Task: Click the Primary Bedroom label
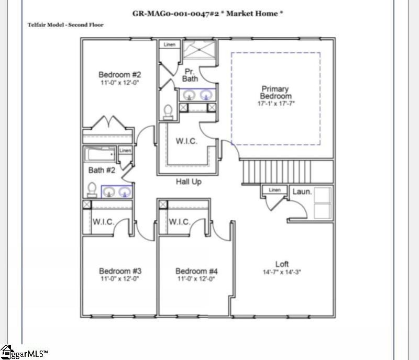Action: (x=276, y=93)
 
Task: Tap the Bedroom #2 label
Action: (x=120, y=75)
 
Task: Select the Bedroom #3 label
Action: (x=120, y=271)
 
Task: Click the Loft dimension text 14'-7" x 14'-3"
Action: (x=282, y=272)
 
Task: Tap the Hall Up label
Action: (x=188, y=182)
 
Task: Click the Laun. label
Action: (x=302, y=192)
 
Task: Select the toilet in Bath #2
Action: (x=92, y=189)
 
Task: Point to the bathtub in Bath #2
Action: (x=100, y=154)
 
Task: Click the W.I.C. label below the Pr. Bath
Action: (x=186, y=142)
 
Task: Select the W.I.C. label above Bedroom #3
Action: (x=104, y=222)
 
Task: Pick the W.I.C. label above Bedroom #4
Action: (x=180, y=222)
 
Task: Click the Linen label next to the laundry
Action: (x=274, y=190)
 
